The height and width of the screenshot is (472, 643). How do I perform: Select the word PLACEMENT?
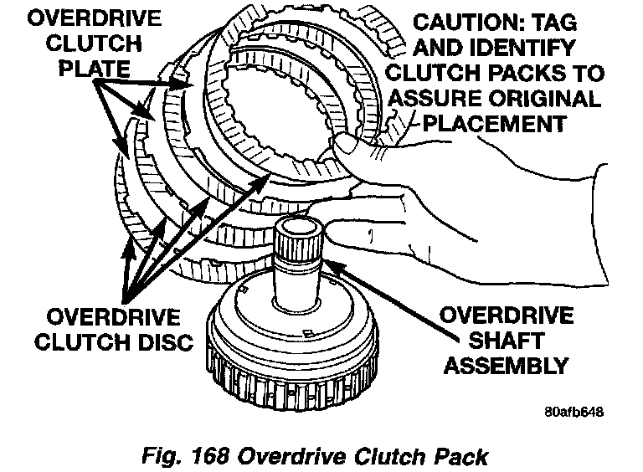[495, 123]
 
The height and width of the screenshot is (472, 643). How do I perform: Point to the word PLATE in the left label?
[95, 69]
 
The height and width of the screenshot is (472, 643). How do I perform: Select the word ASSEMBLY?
[506, 365]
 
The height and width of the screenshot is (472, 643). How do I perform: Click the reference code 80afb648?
[574, 412]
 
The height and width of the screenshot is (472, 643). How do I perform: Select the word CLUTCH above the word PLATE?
[94, 43]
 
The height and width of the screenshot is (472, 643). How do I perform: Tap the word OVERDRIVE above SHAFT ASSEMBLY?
[506, 315]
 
